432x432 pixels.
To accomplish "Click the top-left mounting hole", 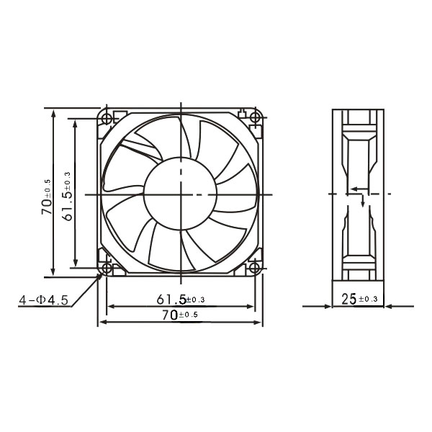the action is click(107, 119).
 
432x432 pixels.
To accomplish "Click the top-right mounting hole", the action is click(256, 118).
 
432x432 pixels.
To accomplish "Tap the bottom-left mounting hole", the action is click(107, 268).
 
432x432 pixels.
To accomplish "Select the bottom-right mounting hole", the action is click(255, 268).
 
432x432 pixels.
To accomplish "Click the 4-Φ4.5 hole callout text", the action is click(43, 300).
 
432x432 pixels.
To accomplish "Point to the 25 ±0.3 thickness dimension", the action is click(359, 299).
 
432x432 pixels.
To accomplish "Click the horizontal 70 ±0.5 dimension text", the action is click(180, 315).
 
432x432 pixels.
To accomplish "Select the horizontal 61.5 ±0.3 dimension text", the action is click(181, 300).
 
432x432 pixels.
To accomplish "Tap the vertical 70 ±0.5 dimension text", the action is click(47, 197).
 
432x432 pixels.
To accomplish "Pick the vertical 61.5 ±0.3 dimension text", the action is click(67, 197).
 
